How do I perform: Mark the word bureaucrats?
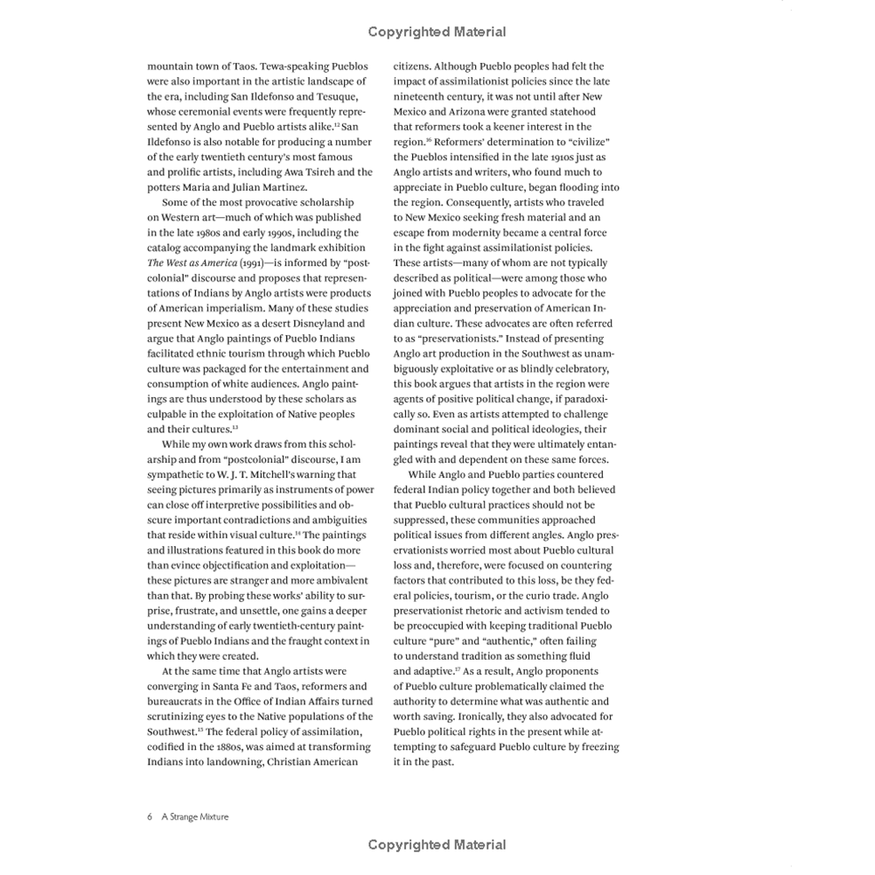point(180,701)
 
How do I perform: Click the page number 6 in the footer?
point(150,816)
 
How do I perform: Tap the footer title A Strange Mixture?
point(195,816)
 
